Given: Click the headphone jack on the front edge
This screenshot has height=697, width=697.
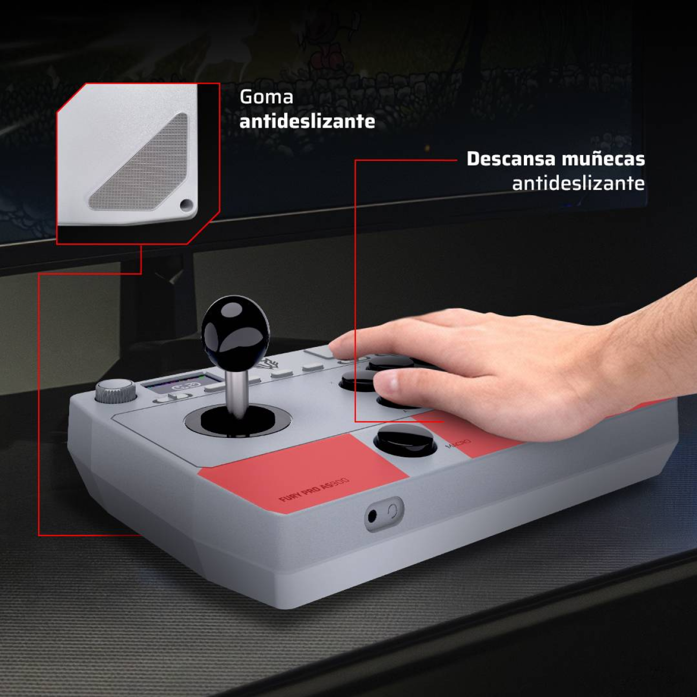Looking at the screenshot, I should point(373,517).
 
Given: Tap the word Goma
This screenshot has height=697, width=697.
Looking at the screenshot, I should point(266,97).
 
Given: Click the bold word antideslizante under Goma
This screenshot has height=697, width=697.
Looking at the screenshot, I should point(307,122).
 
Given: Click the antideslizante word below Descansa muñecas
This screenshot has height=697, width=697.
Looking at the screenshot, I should point(578,183).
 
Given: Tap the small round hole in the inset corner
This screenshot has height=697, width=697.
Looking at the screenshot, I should point(186,204).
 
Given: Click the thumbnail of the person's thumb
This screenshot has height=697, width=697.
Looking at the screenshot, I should point(387,382).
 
